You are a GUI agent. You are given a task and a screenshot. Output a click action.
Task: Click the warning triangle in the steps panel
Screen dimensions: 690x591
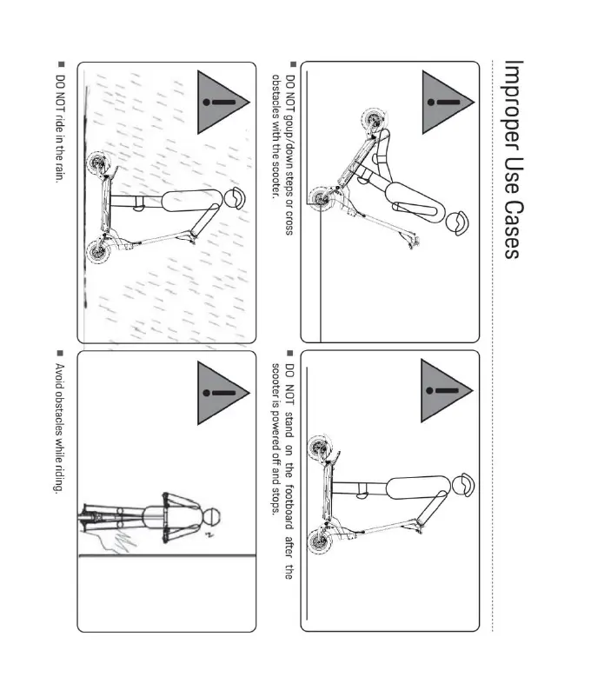click(448, 102)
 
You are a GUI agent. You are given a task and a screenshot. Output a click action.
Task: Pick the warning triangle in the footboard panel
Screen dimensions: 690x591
click(447, 391)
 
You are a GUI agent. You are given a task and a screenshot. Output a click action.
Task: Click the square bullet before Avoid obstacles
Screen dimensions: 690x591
click(60, 353)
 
